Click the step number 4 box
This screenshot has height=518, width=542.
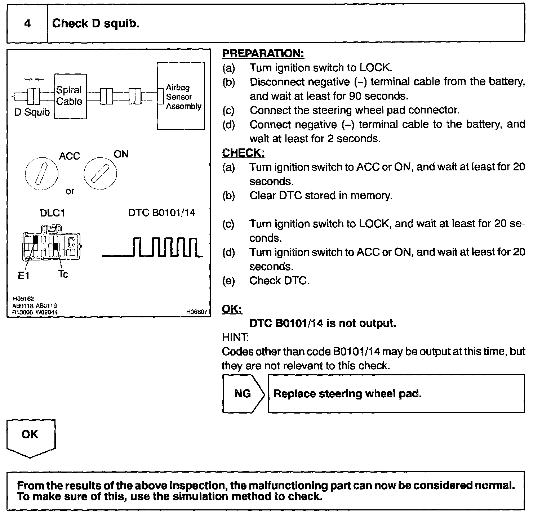pyautogui.click(x=27, y=24)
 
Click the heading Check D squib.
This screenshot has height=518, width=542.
pyautogui.click(x=96, y=24)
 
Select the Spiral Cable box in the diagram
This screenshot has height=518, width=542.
pyautogui.click(x=70, y=96)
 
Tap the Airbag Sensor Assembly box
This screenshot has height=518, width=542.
pyautogui.click(x=181, y=96)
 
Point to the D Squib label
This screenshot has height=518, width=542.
pyautogui.click(x=32, y=112)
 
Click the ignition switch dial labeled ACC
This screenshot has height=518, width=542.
pyautogui.click(x=41, y=173)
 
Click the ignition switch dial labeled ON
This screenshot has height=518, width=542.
pyautogui.click(x=101, y=174)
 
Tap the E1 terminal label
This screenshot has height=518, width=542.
pyautogui.click(x=23, y=276)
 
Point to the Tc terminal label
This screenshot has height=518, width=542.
pyautogui.click(x=63, y=274)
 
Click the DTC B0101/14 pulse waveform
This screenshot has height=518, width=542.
pyautogui.click(x=153, y=247)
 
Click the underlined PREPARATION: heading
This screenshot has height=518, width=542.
pyautogui.click(x=263, y=54)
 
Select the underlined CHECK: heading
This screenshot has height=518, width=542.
pyautogui.click(x=243, y=153)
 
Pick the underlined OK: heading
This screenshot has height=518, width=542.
pyautogui.click(x=232, y=309)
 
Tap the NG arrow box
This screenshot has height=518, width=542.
pyautogui.click(x=243, y=394)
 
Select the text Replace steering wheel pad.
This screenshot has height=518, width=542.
pyautogui.click(x=347, y=394)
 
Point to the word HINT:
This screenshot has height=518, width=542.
pyautogui.click(x=235, y=338)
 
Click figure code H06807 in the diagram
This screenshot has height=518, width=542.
pyautogui.click(x=197, y=312)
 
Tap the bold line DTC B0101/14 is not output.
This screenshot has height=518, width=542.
pyautogui.click(x=323, y=323)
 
